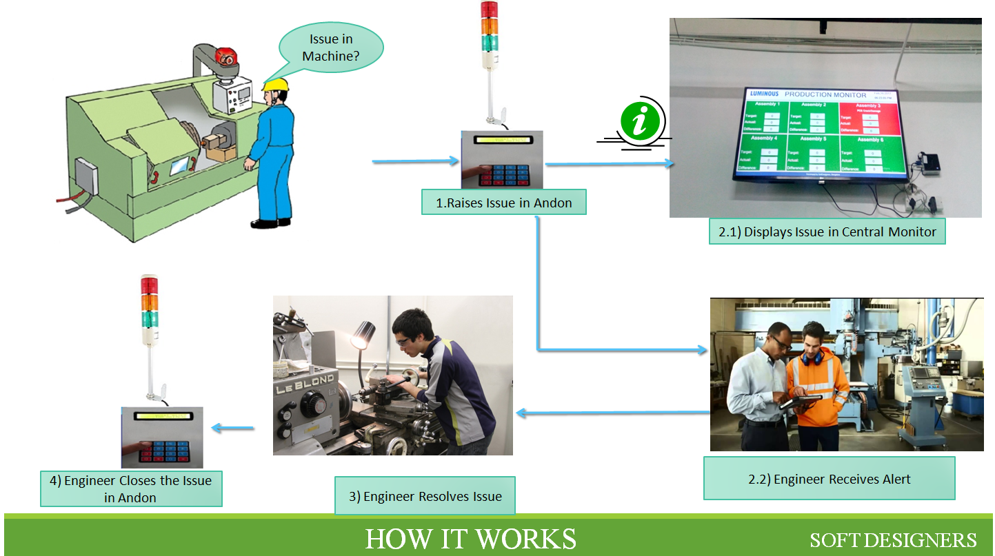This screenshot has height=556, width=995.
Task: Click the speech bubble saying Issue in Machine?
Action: pyautogui.click(x=330, y=48)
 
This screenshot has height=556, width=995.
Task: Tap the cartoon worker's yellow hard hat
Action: pyautogui.click(x=275, y=85)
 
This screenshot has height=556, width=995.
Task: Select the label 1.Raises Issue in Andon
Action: pyautogui.click(x=504, y=203)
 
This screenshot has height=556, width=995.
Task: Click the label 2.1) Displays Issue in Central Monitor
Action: pyautogui.click(x=827, y=232)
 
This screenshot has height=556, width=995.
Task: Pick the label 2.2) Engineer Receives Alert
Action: pyautogui.click(x=829, y=479)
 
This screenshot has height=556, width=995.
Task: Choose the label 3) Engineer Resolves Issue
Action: pyautogui.click(x=425, y=496)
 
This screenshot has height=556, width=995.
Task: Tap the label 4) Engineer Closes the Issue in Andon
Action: pyautogui.click(x=130, y=488)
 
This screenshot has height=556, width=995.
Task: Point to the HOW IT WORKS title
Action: pyautogui.click(x=470, y=539)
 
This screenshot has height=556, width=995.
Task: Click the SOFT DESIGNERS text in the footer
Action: pyautogui.click(x=893, y=539)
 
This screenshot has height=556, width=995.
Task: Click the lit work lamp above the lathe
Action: pyautogui.click(x=360, y=337)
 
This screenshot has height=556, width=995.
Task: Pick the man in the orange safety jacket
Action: pyautogui.click(x=816, y=386)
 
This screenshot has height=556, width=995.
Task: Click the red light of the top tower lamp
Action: pyautogui.click(x=489, y=10)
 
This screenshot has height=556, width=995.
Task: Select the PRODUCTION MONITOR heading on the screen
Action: pyautogui.click(x=825, y=95)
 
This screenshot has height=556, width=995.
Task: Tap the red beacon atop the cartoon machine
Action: pyautogui.click(x=227, y=56)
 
